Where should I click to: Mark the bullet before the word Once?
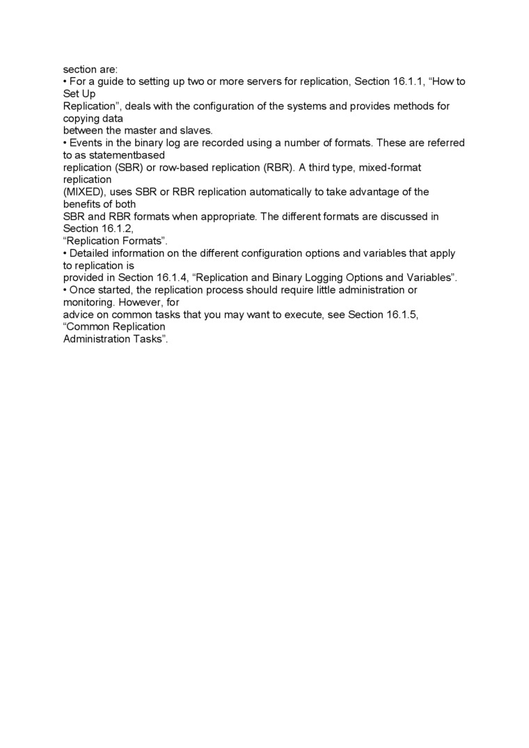pyautogui.click(x=65, y=290)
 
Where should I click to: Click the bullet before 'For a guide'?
pyautogui.click(x=65, y=81)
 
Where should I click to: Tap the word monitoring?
pyautogui.click(x=88, y=303)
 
